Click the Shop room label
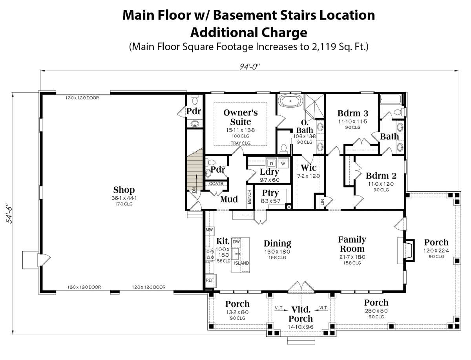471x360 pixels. pyautogui.click(x=124, y=190)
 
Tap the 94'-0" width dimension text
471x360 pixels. pyautogui.click(x=249, y=67)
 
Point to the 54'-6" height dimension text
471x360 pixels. pyautogui.click(x=10, y=214)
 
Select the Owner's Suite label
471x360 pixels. pyautogui.click(x=241, y=117)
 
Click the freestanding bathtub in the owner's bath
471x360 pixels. pyautogui.click(x=290, y=101)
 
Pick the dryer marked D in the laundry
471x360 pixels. pyautogui.click(x=272, y=164)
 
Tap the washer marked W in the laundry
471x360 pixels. pyautogui.click(x=283, y=164)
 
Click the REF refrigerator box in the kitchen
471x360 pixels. pyautogui.click(x=210, y=280)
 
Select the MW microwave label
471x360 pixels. pyautogui.click(x=209, y=230)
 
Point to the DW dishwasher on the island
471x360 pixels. pyautogui.click(x=236, y=242)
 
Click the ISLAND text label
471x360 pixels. pyautogui.click(x=241, y=263)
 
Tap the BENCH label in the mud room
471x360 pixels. pyautogui.click(x=249, y=197)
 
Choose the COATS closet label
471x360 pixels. pyautogui.click(x=216, y=184)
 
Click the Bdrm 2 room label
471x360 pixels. pyautogui.click(x=381, y=176)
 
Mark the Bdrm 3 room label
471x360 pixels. pyautogui.click(x=353, y=113)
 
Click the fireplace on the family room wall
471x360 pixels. pyautogui.click(x=409, y=250)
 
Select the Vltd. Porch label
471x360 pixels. pyautogui.click(x=301, y=314)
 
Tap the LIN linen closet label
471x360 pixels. pyautogui.click(x=322, y=202)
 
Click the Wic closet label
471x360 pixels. pyautogui.click(x=309, y=168)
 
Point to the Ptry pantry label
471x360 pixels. pyautogui.click(x=270, y=193)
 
